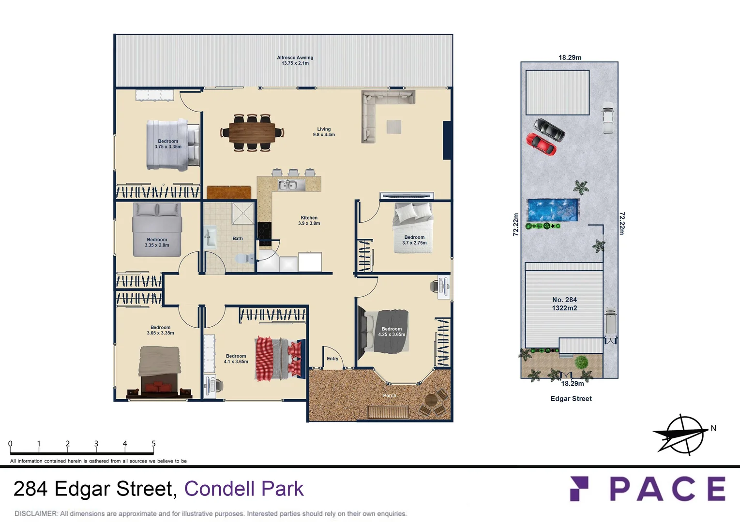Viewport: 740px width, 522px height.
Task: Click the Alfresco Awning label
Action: pyautogui.click(x=295, y=60)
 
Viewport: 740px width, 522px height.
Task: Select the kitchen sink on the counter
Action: pyautogui.click(x=287, y=185)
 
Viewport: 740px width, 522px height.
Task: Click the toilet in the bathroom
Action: pyautogui.click(x=244, y=258)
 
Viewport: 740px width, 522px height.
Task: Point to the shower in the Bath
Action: pyautogui.click(x=243, y=213)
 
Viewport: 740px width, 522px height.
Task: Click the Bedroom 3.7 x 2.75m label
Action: pyautogui.click(x=414, y=240)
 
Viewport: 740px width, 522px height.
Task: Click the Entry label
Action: pyautogui.click(x=332, y=359)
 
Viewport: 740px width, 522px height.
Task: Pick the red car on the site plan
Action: pyautogui.click(x=541, y=144)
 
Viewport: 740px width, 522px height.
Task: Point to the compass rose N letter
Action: pyautogui.click(x=713, y=428)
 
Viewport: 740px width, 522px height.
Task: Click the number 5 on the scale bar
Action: pyautogui.click(x=153, y=444)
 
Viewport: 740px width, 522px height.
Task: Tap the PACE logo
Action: pyautogui.click(x=648, y=489)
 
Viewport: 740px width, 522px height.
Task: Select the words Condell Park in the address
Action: pyautogui.click(x=244, y=489)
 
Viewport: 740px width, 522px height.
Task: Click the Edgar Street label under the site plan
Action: pyautogui.click(x=571, y=399)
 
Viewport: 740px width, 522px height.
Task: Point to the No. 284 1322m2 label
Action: pyautogui.click(x=564, y=304)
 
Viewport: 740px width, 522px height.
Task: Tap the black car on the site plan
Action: pyautogui.click(x=549, y=129)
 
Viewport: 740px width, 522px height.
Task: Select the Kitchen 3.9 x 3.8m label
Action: pyautogui.click(x=309, y=220)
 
